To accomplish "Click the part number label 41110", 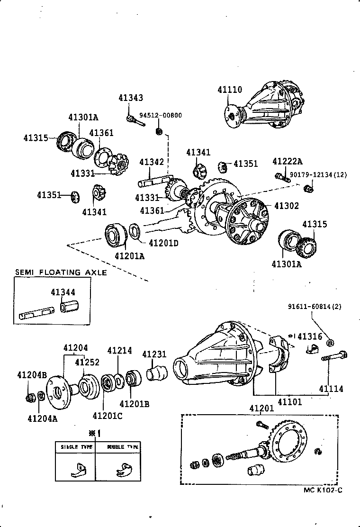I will [230, 90].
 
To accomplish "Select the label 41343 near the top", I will [130, 98].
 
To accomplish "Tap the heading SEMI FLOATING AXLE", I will [61, 273].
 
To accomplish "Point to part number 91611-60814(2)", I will [314, 307].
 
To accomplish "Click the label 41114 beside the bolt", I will [331, 389].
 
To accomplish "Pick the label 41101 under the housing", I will [289, 402].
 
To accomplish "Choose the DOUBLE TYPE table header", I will [122, 447].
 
